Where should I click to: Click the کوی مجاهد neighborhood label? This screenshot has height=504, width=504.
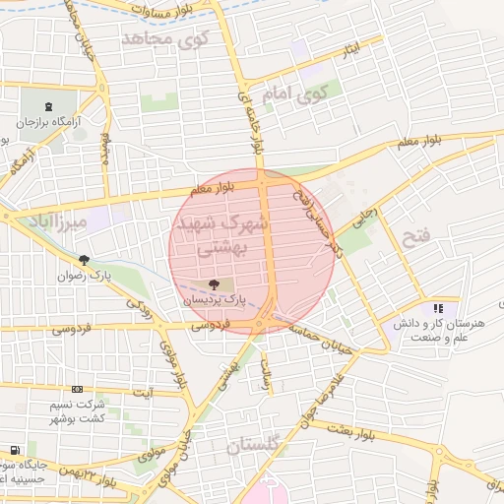tap(161, 39)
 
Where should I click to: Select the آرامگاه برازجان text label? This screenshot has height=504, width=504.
tap(49, 125)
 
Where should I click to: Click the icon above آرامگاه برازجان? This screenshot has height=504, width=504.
tap(49, 106)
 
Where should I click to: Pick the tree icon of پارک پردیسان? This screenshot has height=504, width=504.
tap(215, 283)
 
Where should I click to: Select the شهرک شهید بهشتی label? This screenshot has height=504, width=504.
tap(220, 236)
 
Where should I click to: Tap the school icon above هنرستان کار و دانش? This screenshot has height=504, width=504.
tap(437, 309)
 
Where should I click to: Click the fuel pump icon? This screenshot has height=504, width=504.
tap(14, 450)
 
